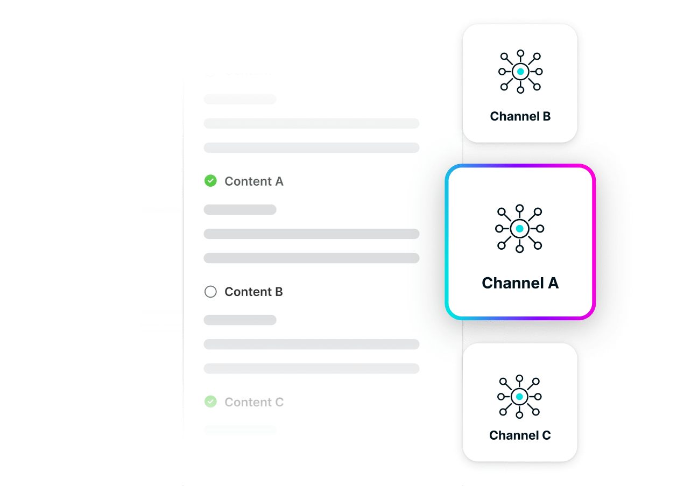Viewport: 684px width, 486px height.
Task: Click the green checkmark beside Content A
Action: (x=210, y=181)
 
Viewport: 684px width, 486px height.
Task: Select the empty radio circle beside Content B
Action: (x=210, y=292)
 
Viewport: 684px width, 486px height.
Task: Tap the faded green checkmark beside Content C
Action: (x=210, y=402)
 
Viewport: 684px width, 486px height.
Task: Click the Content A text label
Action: (x=254, y=181)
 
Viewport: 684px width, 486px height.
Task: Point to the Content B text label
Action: (x=253, y=292)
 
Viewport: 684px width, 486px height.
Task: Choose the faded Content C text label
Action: (x=254, y=402)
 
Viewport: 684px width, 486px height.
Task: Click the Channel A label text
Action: (x=520, y=283)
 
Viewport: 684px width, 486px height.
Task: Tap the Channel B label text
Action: (x=520, y=116)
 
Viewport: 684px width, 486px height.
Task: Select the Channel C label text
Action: (x=520, y=435)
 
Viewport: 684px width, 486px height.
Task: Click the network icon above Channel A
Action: (x=519, y=229)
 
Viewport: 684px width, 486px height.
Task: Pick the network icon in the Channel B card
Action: (x=520, y=72)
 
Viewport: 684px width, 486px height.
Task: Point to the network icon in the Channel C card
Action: (x=519, y=397)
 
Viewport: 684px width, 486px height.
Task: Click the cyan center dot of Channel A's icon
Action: (x=519, y=229)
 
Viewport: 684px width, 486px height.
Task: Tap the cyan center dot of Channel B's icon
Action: (x=520, y=72)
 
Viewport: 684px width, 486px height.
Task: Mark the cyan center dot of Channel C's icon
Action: (x=519, y=397)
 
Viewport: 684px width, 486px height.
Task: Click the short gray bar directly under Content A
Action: (x=240, y=209)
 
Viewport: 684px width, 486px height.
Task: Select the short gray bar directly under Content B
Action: (x=240, y=320)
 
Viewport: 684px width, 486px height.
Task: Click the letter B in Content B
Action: (x=279, y=292)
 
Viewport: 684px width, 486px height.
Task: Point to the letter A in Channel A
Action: (x=552, y=283)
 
